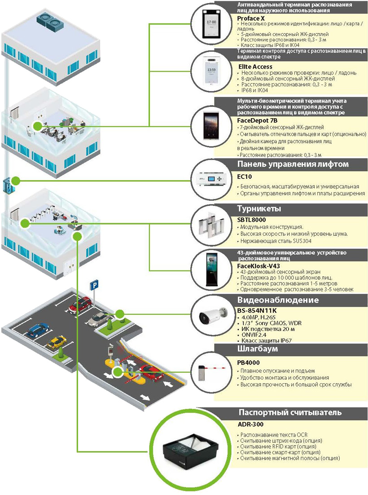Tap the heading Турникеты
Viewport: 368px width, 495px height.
pyautogui.click(x=259, y=209)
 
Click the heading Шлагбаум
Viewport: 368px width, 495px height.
pyautogui.click(x=258, y=349)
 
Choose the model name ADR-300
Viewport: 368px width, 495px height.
pyautogui.click(x=250, y=424)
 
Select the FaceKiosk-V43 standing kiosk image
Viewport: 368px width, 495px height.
pyautogui.click(x=211, y=269)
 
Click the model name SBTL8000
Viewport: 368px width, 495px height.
pyautogui.click(x=251, y=220)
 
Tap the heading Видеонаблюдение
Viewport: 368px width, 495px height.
pyautogui.click(x=277, y=300)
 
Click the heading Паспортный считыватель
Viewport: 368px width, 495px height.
pyautogui.click(x=290, y=412)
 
